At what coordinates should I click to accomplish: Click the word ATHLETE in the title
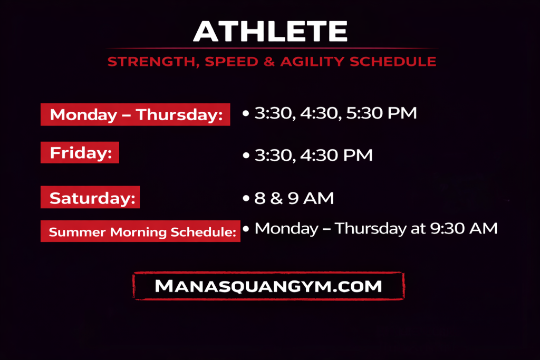click(271, 31)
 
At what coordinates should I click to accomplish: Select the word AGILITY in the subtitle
click(312, 62)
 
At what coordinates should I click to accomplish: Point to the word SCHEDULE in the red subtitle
click(393, 62)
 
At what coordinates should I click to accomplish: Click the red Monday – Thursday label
click(136, 114)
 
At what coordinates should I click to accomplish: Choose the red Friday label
click(80, 152)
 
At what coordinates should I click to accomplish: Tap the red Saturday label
click(90, 197)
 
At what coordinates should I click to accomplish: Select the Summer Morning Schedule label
click(140, 231)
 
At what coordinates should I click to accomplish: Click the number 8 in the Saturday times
click(260, 198)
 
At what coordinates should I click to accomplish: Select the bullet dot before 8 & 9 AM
click(246, 198)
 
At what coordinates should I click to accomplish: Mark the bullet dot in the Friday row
click(246, 155)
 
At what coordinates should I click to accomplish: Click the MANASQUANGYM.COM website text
click(268, 286)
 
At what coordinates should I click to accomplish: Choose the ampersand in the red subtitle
click(269, 62)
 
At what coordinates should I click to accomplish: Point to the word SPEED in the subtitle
click(232, 62)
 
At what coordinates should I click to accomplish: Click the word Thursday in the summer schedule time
click(371, 229)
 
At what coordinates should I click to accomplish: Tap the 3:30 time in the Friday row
click(274, 155)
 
